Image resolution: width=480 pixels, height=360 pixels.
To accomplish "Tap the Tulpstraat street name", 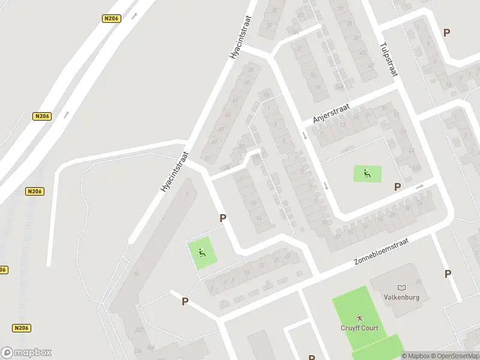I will point(390,59).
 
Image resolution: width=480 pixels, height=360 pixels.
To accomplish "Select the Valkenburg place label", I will point(401,297).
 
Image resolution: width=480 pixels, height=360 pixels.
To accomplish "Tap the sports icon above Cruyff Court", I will point(359,316).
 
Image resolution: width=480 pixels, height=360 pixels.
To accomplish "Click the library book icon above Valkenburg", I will point(401,287).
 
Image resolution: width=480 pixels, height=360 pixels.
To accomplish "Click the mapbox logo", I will point(26,352).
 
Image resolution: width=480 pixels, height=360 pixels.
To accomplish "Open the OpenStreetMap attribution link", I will point(455,355).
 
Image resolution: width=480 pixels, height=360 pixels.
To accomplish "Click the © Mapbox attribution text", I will point(415,355).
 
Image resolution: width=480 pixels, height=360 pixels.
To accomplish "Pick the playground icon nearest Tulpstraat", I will point(367,174).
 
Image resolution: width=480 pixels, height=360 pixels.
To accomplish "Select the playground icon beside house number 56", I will point(202,253).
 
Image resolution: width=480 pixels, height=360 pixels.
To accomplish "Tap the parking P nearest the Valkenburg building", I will point(448,274).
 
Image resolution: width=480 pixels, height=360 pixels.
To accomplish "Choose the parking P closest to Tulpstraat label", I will point(446,32).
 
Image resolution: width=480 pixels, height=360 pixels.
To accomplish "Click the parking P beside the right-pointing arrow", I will point(397,187).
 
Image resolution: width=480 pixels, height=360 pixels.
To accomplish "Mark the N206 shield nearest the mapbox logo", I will point(21,328).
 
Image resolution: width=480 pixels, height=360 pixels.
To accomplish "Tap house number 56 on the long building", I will point(137,274).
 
